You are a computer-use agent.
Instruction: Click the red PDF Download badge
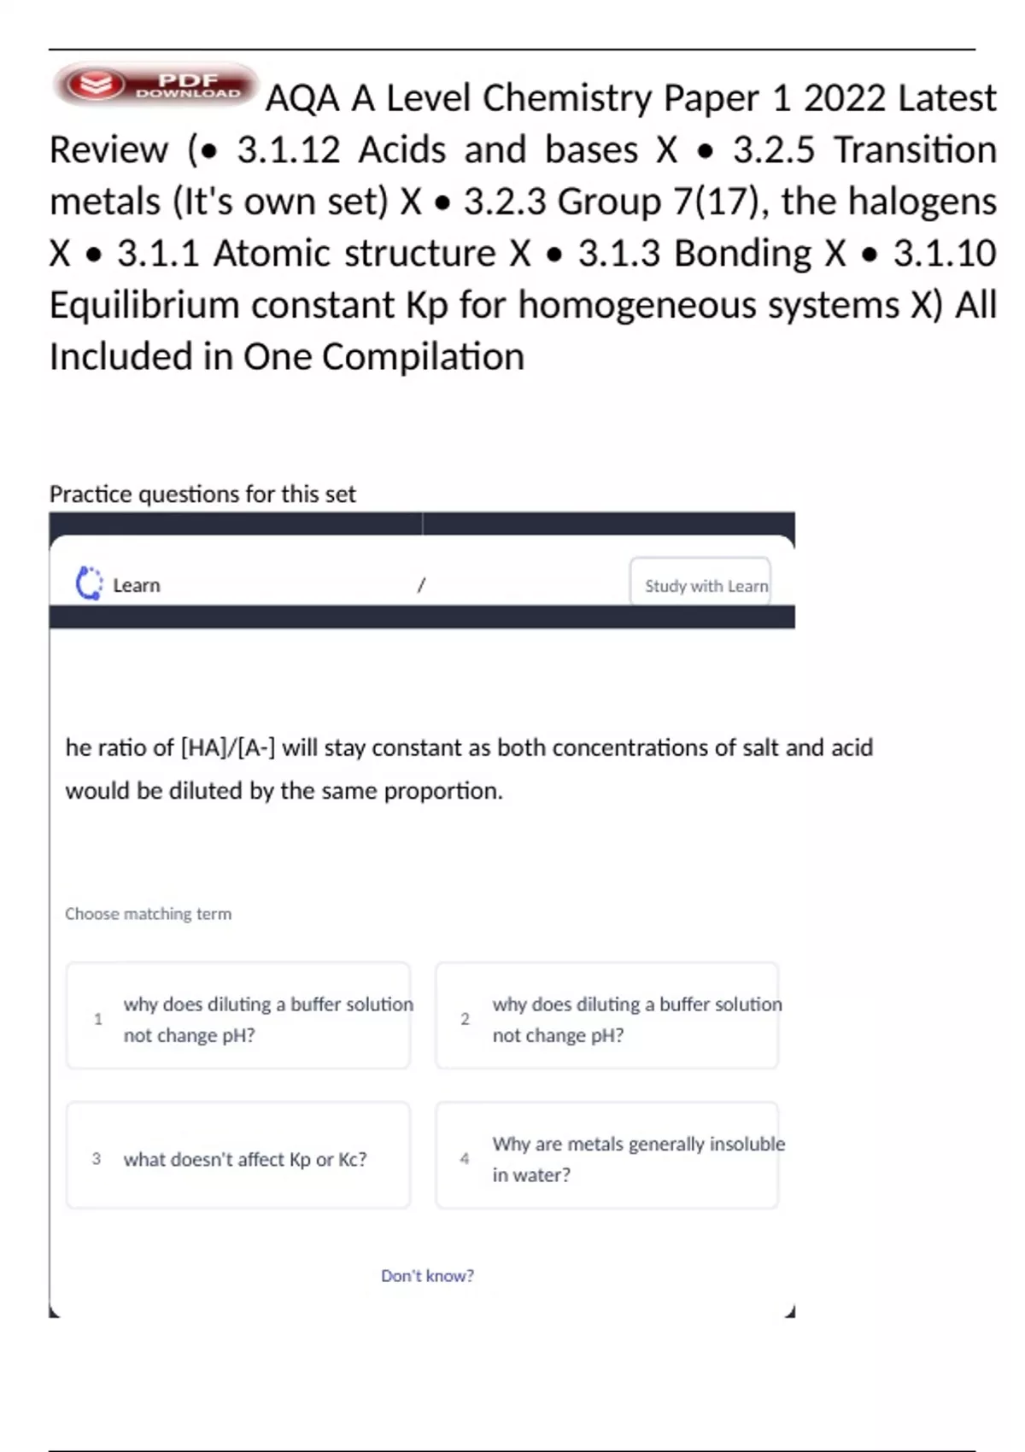coord(155,85)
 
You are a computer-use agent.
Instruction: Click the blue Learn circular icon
coord(89,584)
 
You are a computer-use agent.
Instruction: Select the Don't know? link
coord(427,1275)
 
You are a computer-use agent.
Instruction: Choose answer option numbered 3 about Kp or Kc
coord(238,1158)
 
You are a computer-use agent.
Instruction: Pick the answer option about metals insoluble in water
coord(607,1158)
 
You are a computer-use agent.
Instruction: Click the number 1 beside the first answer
coord(98,1019)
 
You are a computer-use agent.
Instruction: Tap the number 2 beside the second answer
coord(465,1019)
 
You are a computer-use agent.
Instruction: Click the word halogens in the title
coord(922,202)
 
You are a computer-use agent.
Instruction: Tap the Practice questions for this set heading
coord(202,494)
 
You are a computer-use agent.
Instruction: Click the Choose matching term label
coord(148,914)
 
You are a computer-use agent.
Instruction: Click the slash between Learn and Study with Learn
coord(421,585)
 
